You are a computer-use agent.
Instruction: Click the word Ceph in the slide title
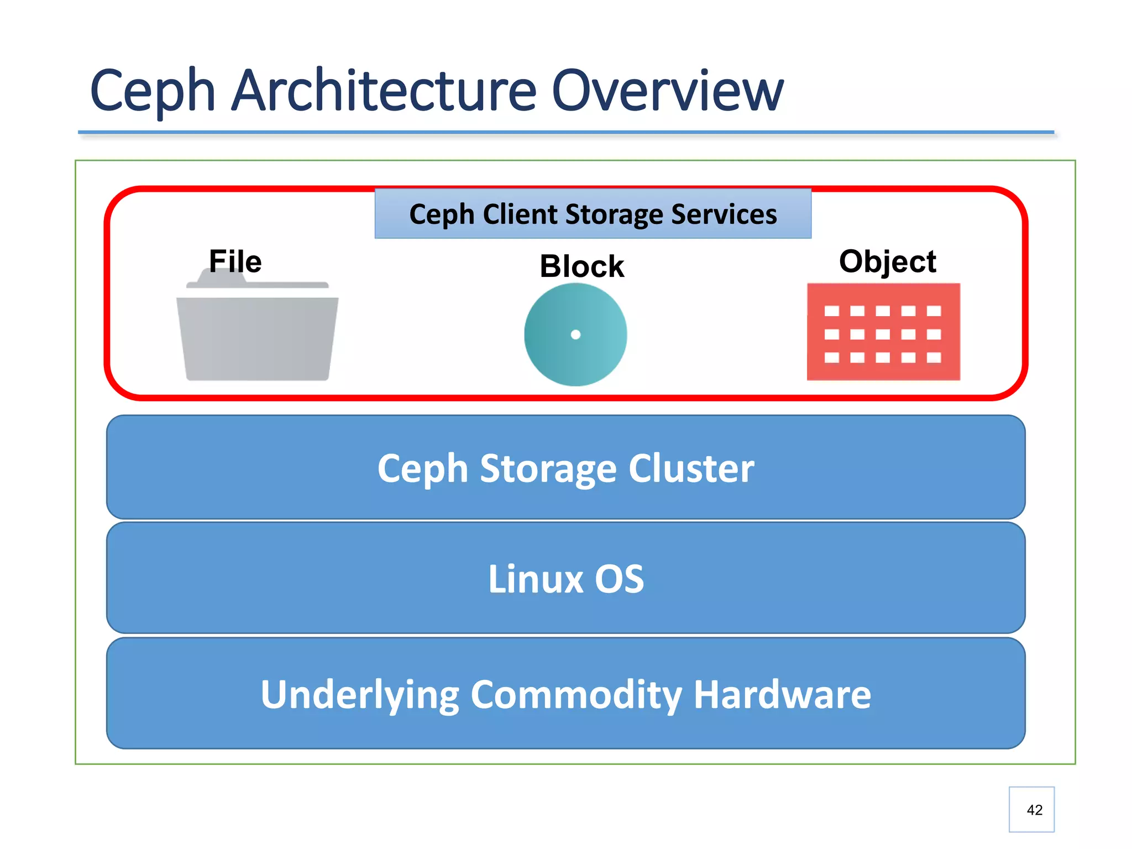click(x=153, y=91)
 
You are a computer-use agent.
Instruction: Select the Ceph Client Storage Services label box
click(x=593, y=214)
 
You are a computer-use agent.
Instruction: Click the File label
click(x=235, y=261)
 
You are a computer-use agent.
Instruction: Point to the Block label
click(x=581, y=266)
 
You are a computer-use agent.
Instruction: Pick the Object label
click(x=887, y=261)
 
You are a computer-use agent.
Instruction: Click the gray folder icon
click(x=257, y=337)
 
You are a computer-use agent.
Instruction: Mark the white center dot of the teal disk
click(x=575, y=334)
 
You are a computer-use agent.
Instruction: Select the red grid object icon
click(x=883, y=332)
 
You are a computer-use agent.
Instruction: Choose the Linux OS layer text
click(x=565, y=579)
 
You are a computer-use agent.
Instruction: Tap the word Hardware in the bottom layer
click(x=782, y=694)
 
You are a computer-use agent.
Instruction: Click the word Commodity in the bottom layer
click(x=576, y=694)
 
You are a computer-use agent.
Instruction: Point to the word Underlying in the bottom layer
click(x=360, y=694)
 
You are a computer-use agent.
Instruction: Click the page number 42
click(x=1034, y=810)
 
